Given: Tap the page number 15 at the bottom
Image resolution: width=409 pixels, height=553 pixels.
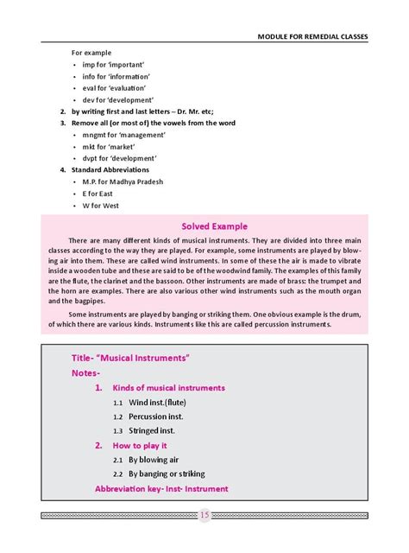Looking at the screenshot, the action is click(x=204, y=516).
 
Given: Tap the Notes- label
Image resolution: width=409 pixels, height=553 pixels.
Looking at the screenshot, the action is click(x=85, y=373).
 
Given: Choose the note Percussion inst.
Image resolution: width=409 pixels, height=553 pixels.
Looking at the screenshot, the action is click(x=152, y=416).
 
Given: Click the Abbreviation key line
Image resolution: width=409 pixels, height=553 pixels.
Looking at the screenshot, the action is click(x=161, y=489).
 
